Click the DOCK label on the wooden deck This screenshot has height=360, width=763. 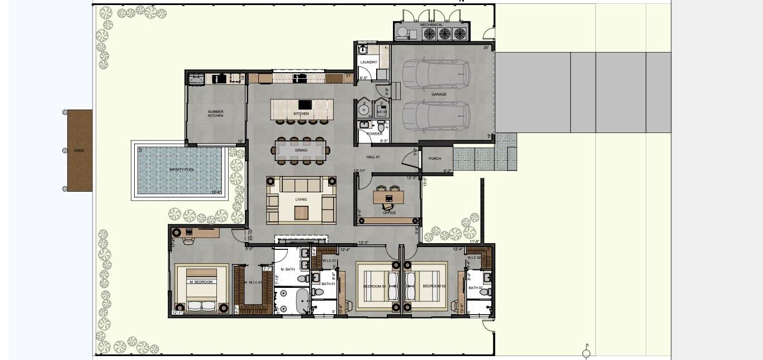pyautogui.click(x=79, y=150)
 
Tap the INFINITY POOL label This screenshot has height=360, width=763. pyautogui.click(x=182, y=169)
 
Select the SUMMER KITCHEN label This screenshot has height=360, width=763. pyautogui.click(x=215, y=113)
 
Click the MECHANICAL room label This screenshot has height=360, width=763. pyautogui.click(x=432, y=25)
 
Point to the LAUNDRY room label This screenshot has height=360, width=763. pyautogui.click(x=368, y=62)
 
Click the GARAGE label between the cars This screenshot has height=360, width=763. pyautogui.click(x=439, y=94)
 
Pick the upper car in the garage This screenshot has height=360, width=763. pyautogui.click(x=436, y=74)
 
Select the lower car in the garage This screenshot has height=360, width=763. pyautogui.click(x=436, y=116)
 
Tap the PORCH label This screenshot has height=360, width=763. pyautogui.click(x=435, y=159)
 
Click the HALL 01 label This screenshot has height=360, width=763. pyautogui.click(x=373, y=157)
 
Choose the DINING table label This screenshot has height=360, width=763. pyautogui.click(x=301, y=150)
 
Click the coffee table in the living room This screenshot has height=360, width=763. pyautogui.click(x=301, y=212)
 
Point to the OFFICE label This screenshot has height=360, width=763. pyautogui.click(x=390, y=213)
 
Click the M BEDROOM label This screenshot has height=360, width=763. pyautogui.click(x=201, y=282)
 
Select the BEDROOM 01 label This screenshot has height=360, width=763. pyautogui.click(x=375, y=286)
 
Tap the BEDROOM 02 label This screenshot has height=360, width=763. pyautogui.click(x=434, y=286)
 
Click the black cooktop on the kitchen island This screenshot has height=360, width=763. pyautogui.click(x=305, y=105)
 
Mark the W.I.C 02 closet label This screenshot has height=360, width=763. pyautogui.click(x=475, y=257)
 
